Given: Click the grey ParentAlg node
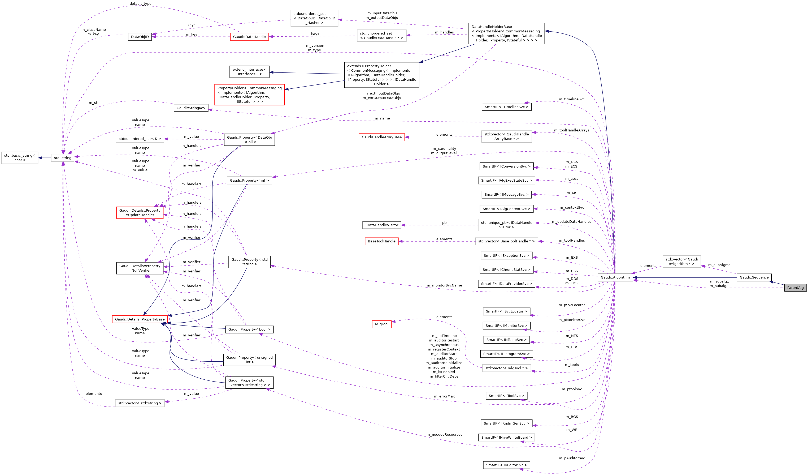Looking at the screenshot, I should [x=795, y=288].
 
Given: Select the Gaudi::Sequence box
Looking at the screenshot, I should [x=754, y=277].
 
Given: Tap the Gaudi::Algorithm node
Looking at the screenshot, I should [x=615, y=277].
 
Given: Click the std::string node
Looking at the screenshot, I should [x=63, y=158].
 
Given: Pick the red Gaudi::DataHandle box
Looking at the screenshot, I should [x=249, y=37].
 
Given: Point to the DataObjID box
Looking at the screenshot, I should [x=140, y=37].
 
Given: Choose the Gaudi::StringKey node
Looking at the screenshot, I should [x=191, y=108].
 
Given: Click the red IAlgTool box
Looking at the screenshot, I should [x=381, y=324].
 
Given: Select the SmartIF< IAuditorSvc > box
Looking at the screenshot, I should [x=506, y=465].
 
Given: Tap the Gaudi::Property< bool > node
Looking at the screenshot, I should [x=249, y=329].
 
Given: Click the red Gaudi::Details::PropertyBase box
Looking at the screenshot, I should [x=140, y=319].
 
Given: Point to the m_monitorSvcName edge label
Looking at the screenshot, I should [x=444, y=285].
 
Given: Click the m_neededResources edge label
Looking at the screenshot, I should [x=444, y=435].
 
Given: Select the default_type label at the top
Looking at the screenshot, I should [x=140, y=3].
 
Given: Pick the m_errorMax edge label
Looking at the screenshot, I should [x=444, y=396].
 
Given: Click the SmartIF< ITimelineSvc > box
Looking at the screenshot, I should [x=506, y=107].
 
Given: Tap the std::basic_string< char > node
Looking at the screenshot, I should [x=20, y=158].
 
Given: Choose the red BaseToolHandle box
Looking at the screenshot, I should [x=381, y=241].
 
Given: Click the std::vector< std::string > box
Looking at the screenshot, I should [x=140, y=403].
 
